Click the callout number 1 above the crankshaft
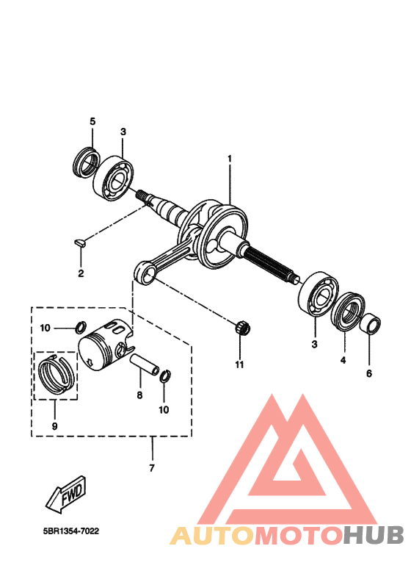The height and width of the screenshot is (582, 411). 229,158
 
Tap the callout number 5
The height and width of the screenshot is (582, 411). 92,121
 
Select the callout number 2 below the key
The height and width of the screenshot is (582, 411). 81,273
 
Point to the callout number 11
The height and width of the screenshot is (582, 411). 239,364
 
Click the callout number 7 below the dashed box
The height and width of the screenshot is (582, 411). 151,468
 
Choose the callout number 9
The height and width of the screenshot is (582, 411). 54,425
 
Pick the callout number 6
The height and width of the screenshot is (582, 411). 369,373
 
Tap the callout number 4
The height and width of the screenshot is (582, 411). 342,361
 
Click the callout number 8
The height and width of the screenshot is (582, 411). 139,395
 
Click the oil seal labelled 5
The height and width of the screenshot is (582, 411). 87,161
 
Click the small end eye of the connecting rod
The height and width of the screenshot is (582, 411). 145,274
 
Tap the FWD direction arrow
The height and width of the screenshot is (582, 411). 65,492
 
